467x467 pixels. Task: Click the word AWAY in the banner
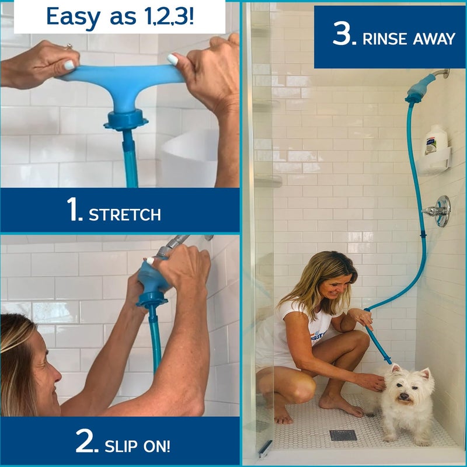coord(433,39)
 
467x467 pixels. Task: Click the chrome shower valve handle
coord(440,211)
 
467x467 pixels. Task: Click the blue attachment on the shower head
coord(420,89)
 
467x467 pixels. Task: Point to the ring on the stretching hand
coord(68,46)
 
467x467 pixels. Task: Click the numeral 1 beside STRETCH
coord(74,210)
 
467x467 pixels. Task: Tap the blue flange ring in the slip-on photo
coord(151,299)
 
